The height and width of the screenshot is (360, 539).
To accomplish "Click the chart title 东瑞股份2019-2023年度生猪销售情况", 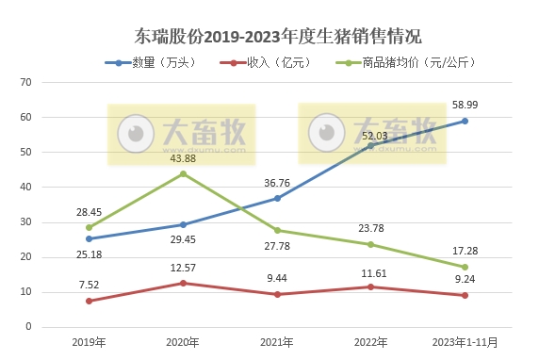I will click(270, 37).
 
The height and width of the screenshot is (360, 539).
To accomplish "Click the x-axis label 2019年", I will click(89, 341).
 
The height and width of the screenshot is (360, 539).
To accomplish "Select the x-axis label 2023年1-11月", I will click(465, 341).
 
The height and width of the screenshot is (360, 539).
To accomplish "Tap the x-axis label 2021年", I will click(277, 341).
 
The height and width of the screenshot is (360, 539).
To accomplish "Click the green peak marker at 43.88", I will click(183, 173).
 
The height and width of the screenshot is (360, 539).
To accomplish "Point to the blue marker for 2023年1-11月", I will click(465, 121).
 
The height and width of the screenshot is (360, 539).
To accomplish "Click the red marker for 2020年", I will click(183, 283).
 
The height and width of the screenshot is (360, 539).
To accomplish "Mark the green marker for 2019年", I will click(89, 227).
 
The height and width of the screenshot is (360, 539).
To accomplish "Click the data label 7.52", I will click(89, 284).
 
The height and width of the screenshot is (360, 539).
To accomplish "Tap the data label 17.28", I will click(465, 251).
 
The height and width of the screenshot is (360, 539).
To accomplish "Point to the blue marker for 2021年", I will click(277, 198).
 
